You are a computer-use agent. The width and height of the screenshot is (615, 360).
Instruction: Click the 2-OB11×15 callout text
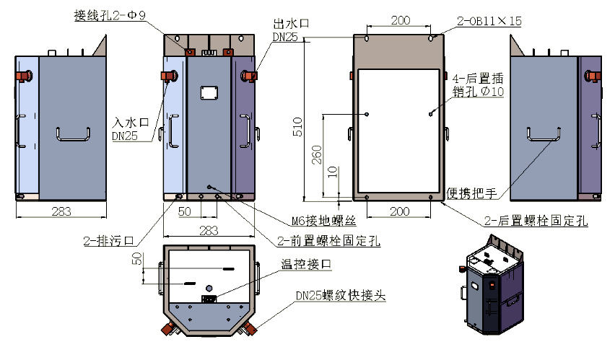(489, 21)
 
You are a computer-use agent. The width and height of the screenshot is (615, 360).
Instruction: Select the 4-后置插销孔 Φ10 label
(478, 84)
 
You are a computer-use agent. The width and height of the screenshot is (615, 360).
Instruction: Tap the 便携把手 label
(473, 193)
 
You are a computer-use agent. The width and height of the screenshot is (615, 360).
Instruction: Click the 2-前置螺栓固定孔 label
(329, 240)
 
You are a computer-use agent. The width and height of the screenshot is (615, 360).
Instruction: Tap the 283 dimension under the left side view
(61, 211)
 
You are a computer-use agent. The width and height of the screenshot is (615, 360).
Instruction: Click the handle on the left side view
(73, 133)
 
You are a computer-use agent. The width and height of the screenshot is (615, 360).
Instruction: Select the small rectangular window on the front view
(209, 92)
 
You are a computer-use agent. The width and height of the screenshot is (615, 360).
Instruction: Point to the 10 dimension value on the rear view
(331, 171)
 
